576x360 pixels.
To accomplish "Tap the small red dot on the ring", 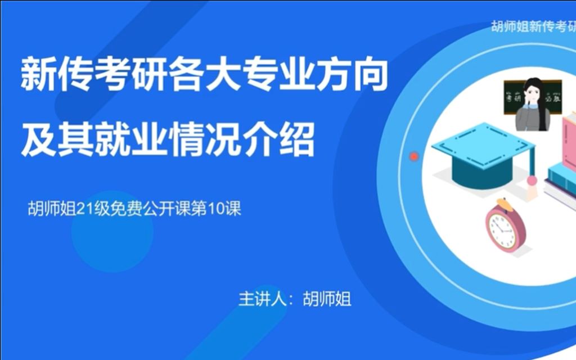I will click(415, 156).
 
